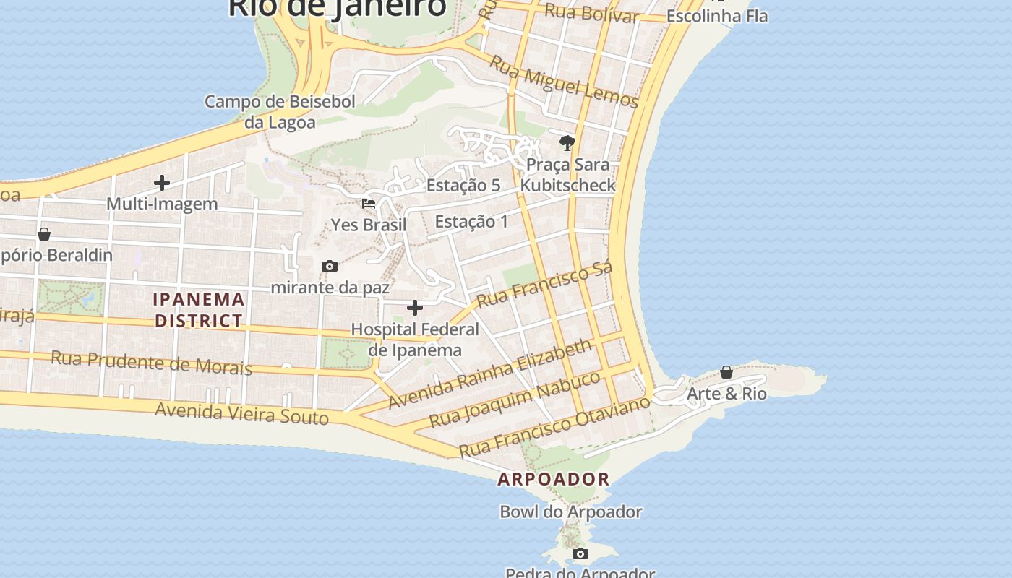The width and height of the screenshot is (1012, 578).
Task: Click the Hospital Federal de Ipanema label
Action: pyautogui.click(x=415, y=340)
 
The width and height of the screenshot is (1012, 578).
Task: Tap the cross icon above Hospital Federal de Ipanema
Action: pyautogui.click(x=415, y=309)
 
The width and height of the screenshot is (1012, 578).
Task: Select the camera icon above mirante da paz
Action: pyautogui.click(x=330, y=267)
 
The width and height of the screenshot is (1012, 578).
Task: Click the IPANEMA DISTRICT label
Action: pyautogui.click(x=199, y=310)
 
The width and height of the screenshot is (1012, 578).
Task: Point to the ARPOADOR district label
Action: pyautogui.click(x=554, y=479)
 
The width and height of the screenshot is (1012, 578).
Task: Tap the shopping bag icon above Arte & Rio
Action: pyautogui.click(x=726, y=373)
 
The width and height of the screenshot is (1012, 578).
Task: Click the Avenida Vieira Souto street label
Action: pyautogui.click(x=242, y=414)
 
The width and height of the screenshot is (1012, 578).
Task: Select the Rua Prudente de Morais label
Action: pyautogui.click(x=152, y=363)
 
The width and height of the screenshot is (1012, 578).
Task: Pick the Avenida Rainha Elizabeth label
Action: pyautogui.click(x=490, y=374)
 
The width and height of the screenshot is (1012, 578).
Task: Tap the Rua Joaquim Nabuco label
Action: pyautogui.click(x=515, y=400)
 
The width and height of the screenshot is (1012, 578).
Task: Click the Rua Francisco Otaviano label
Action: pyautogui.click(x=555, y=427)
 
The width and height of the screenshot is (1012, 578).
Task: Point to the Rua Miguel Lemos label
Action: pyautogui.click(x=565, y=81)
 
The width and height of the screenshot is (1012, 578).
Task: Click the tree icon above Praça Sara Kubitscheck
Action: pyautogui.click(x=567, y=143)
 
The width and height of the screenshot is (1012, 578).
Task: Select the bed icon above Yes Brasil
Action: pyautogui.click(x=369, y=204)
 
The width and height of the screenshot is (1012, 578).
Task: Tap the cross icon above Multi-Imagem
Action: pyautogui.click(x=162, y=183)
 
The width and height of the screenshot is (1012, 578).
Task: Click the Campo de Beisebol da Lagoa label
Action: pyautogui.click(x=280, y=112)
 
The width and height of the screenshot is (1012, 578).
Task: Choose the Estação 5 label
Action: pyautogui.click(x=463, y=185)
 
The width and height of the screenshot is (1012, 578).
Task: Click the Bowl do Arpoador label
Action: pyautogui.click(x=571, y=512)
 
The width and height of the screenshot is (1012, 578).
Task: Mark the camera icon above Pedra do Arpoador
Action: pyautogui.click(x=580, y=554)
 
